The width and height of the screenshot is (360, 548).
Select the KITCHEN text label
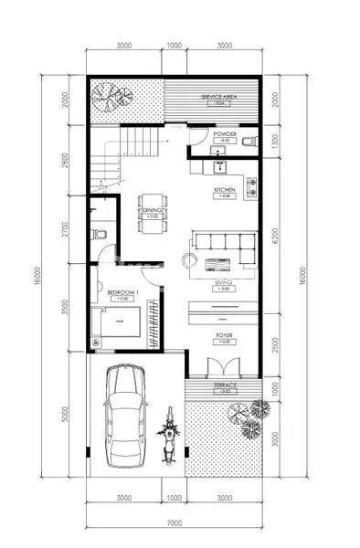click(225, 189)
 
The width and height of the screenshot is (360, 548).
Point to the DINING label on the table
click(152, 209)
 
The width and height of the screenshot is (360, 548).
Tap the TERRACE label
click(224, 385)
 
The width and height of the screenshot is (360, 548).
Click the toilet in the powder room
click(253, 141)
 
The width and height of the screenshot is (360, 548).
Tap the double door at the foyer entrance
click(223, 367)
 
